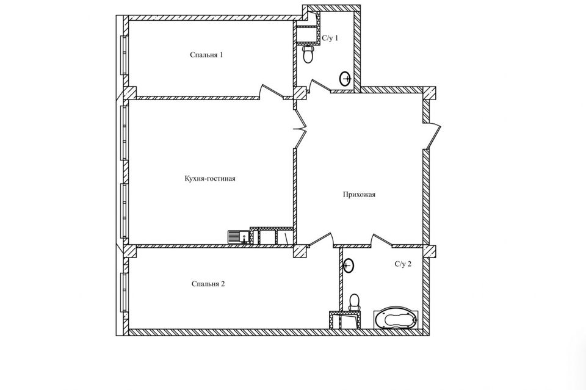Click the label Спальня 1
(206, 55)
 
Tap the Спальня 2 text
(208, 284)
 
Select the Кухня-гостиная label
(209, 179)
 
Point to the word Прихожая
(358, 195)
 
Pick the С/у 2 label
(403, 264)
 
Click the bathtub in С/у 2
(396, 319)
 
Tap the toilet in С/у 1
(309, 55)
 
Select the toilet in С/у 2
(353, 303)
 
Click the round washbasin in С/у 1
(345, 78)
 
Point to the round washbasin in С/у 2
(349, 265)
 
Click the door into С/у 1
(319, 87)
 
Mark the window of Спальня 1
(124, 55)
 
